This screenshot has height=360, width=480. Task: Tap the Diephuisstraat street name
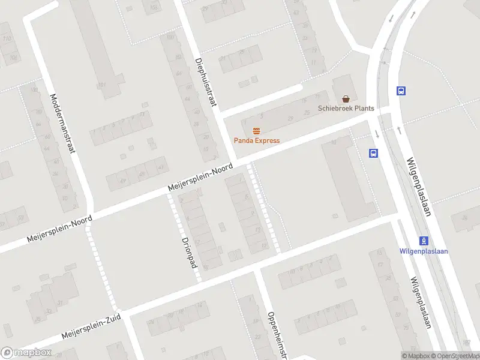205,83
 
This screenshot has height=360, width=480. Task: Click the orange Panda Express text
257,141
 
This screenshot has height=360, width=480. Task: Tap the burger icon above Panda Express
257,131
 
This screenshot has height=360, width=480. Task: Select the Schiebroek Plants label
346,109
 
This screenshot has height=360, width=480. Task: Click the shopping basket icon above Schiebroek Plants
346,98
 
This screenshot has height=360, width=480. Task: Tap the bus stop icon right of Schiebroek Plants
401,91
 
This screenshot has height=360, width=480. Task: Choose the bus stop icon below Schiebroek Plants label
373,153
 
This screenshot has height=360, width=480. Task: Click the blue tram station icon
424,241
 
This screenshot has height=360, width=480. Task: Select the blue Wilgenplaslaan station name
424,251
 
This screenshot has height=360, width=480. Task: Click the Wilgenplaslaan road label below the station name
421,303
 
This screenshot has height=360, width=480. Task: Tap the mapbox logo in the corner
26,353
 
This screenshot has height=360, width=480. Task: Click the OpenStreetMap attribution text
454,356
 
